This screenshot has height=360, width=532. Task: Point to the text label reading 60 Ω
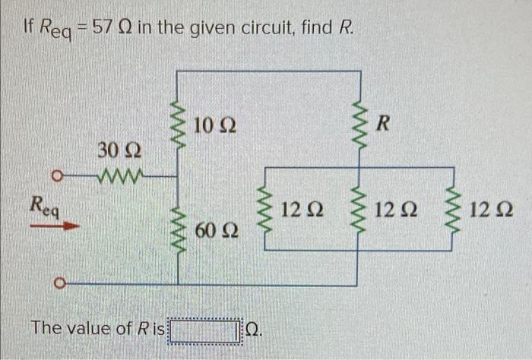(217, 229)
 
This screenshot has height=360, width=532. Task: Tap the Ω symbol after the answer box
(255, 331)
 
